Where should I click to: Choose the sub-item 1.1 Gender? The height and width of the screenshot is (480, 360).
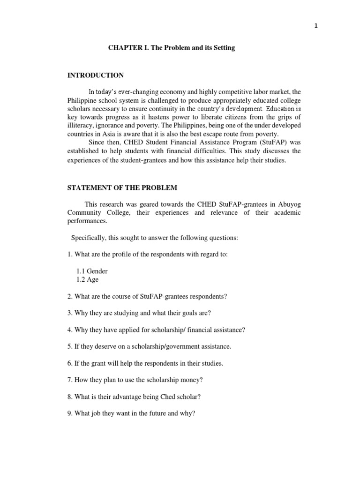[x=92, y=271]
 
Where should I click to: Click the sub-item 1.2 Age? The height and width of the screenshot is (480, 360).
[x=87, y=279]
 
